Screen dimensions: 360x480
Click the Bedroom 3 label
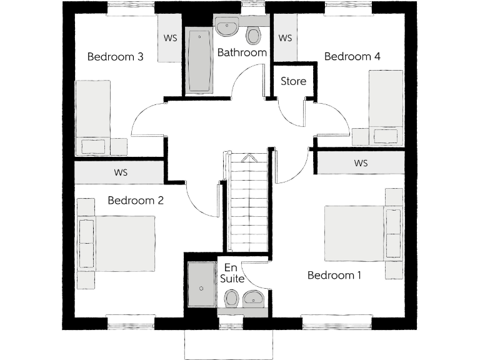[x=116, y=57]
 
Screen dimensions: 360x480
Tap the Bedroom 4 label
[x=352, y=57]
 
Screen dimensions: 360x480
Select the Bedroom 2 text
[x=136, y=201]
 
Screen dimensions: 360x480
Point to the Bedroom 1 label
[x=334, y=275]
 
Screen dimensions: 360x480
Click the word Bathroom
[x=242, y=52]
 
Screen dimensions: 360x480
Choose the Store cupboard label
[x=293, y=81]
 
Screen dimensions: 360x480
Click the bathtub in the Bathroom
[x=199, y=61]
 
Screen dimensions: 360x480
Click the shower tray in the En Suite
[x=201, y=285]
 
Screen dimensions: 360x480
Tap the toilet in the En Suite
[x=232, y=298]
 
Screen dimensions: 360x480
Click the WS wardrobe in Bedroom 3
[x=169, y=38]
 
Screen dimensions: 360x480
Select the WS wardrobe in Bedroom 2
[x=120, y=172]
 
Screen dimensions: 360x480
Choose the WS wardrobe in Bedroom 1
[x=361, y=163]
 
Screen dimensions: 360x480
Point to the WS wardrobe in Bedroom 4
[x=285, y=38]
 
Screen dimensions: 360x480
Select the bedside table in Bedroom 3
[x=119, y=146]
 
